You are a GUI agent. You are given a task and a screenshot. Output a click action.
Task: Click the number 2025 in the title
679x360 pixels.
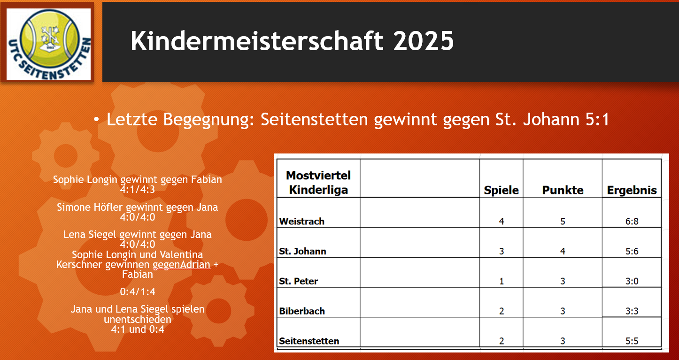pos(423,41)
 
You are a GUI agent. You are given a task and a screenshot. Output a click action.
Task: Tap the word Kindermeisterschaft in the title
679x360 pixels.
pos(257,41)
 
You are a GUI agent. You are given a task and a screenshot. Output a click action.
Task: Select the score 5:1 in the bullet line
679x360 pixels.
pos(597,119)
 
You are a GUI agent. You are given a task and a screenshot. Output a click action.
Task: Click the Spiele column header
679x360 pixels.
pos(501,190)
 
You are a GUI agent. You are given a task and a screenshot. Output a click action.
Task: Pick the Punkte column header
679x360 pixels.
pos(563,190)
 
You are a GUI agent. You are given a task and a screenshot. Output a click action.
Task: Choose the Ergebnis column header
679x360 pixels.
pos(632,190)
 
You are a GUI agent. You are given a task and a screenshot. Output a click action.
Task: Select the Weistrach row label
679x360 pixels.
pos(301,221)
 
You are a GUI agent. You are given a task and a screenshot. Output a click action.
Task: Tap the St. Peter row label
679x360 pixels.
pos(298,281)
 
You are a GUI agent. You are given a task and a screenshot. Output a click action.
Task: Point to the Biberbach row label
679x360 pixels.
pos(302,311)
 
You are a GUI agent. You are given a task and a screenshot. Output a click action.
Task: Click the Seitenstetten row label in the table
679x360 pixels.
pos(309,341)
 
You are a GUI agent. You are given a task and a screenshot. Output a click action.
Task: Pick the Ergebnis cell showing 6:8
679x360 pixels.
pos(632,221)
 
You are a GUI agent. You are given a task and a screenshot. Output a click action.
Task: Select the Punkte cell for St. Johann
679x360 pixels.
pos(563,251)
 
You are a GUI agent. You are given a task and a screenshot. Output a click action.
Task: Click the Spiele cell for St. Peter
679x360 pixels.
pos(502,281)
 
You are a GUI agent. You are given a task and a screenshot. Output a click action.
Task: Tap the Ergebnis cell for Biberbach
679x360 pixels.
pos(632,311)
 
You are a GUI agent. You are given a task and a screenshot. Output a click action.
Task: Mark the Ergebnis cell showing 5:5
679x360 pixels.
pos(632,341)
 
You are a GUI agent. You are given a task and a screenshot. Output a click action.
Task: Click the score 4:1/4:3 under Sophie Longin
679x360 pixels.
pos(137,190)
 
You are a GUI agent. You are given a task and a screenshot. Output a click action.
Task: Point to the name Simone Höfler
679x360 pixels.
pos(90,207)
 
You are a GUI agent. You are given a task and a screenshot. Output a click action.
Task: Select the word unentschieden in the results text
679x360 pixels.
pos(137,319)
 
